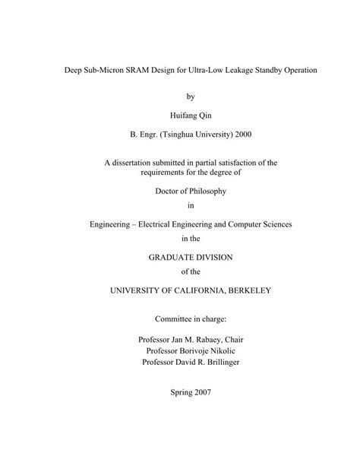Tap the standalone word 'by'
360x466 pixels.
(180, 97)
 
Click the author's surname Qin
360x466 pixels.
(195, 116)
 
